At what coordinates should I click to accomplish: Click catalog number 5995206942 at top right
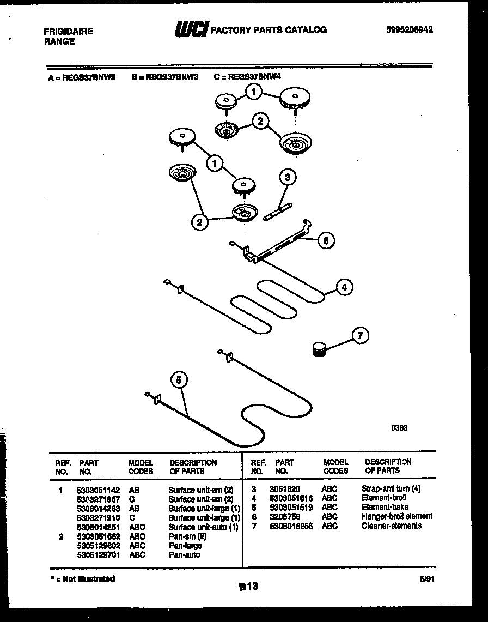click(408, 31)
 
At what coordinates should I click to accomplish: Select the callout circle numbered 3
click(288, 177)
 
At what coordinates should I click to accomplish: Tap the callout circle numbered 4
click(344, 287)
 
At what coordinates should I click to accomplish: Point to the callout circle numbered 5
click(180, 380)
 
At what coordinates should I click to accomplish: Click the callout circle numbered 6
click(326, 240)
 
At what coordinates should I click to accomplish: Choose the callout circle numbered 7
click(359, 335)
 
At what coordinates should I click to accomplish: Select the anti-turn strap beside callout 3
click(278, 212)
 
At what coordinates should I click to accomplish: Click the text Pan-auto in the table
click(184, 555)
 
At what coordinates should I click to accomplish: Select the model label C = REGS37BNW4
click(248, 78)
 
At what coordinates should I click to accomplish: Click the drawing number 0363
click(399, 428)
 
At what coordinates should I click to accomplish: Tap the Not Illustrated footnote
click(82, 578)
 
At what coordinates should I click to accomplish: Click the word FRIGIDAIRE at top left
click(68, 31)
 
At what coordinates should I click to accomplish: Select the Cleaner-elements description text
click(391, 526)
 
